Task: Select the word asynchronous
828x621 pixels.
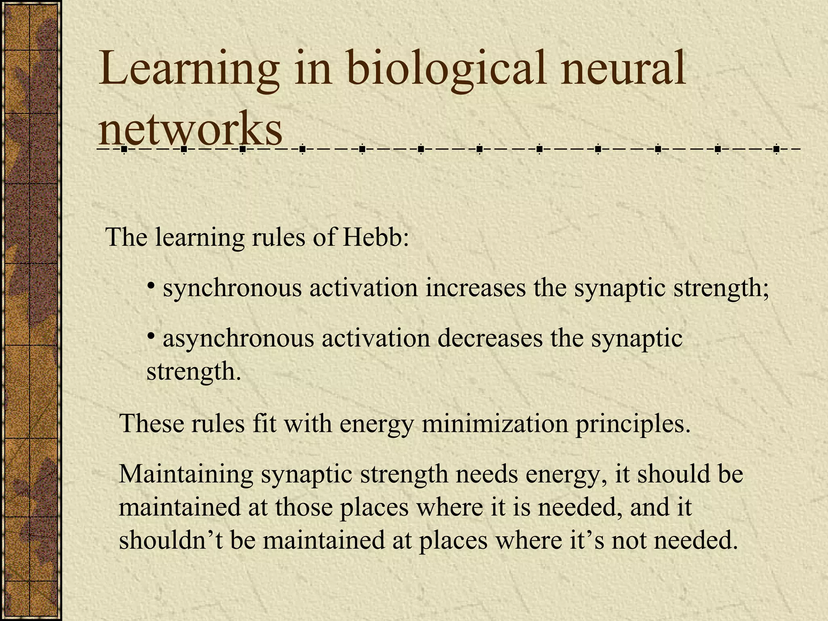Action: [x=238, y=339]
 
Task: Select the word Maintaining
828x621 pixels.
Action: [x=186, y=475]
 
